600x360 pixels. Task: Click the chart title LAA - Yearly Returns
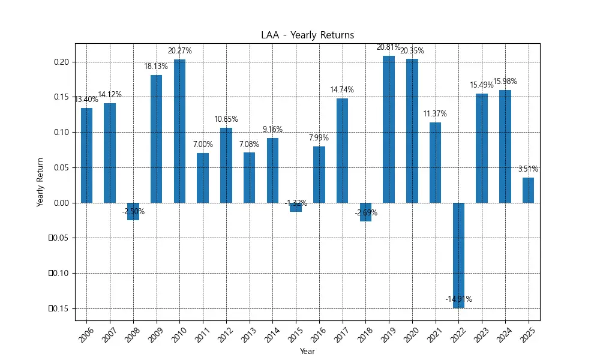click(307, 35)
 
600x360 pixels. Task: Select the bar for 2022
click(458, 255)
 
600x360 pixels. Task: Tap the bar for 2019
click(389, 129)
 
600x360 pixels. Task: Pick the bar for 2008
click(133, 211)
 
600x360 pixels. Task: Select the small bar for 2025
click(528, 190)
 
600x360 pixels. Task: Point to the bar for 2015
click(296, 207)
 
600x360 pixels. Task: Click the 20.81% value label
click(389, 47)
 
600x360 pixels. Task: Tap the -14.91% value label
click(458, 299)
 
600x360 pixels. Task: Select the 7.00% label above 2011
click(203, 145)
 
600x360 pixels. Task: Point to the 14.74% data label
click(342, 90)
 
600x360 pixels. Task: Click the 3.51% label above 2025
click(528, 169)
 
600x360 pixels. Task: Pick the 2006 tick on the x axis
click(86, 334)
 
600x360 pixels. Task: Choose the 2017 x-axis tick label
click(342, 334)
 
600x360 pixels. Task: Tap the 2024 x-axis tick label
click(505, 334)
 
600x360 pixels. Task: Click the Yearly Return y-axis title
click(40, 182)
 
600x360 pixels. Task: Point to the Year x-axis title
click(307, 351)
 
